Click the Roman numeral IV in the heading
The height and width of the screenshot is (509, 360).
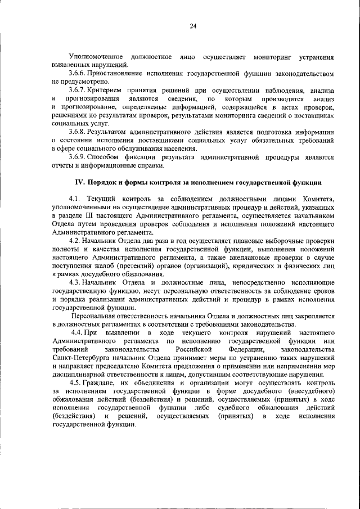(x=80, y=183)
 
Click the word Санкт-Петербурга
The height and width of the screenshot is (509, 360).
(x=80, y=358)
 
